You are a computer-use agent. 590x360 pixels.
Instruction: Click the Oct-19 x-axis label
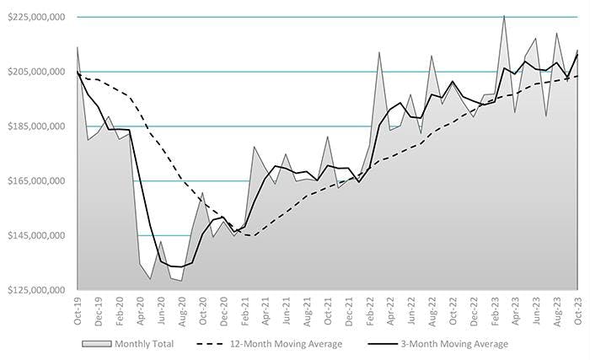coord(78,311)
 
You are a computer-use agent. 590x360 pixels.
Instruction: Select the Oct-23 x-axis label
coord(577,311)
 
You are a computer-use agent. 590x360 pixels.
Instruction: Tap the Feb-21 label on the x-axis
coord(244,311)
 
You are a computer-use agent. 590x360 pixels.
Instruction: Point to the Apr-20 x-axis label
coord(140,311)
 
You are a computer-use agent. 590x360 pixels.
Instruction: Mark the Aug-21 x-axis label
coord(307,311)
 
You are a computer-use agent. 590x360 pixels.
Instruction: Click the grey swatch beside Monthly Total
coord(95,344)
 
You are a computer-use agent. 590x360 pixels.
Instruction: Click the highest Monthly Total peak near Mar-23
coord(504,15)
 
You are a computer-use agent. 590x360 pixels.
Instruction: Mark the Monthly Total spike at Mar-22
coord(379,52)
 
